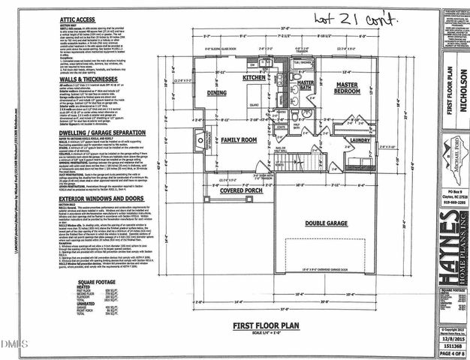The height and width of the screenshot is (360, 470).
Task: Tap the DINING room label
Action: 217,92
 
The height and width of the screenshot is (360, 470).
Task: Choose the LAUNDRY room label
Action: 359,139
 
